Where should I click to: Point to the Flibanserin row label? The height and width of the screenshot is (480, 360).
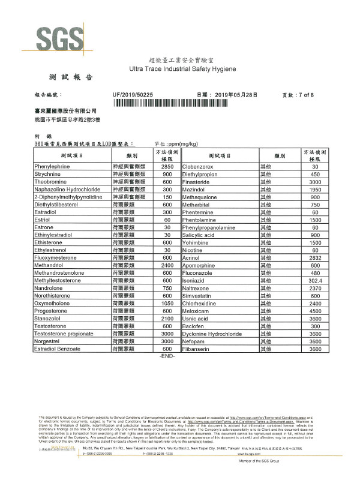coord(204,349)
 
